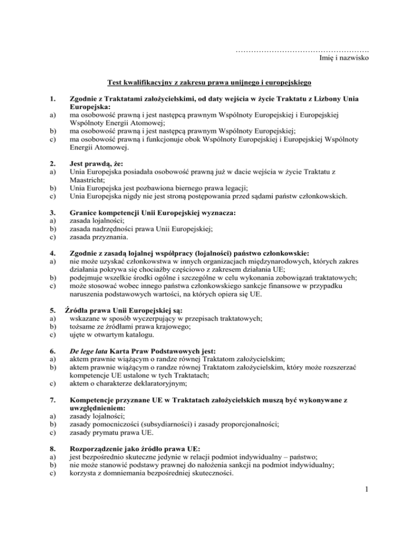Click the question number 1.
pos(52,100)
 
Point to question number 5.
pos(52,310)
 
